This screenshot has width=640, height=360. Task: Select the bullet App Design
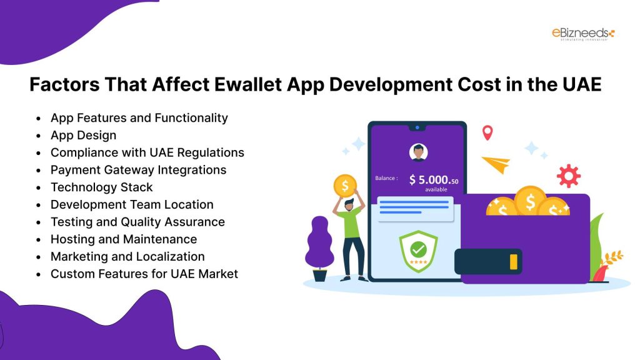[83, 135]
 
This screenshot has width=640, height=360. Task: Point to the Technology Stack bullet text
[101, 187]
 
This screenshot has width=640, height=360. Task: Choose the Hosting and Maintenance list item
[123, 239]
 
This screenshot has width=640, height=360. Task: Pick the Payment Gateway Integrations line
[138, 169]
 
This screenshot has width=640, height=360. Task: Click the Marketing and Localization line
[127, 256]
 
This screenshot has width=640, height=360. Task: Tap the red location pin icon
[487, 132]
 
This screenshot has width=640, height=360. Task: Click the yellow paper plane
[496, 164]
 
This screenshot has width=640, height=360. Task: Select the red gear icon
[568, 176]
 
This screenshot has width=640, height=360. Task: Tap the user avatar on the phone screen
[417, 152]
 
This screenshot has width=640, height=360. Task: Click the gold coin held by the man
[344, 186]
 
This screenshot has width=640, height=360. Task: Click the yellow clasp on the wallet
[514, 261]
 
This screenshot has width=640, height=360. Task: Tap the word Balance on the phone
[385, 178]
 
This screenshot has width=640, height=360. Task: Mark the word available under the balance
[436, 189]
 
